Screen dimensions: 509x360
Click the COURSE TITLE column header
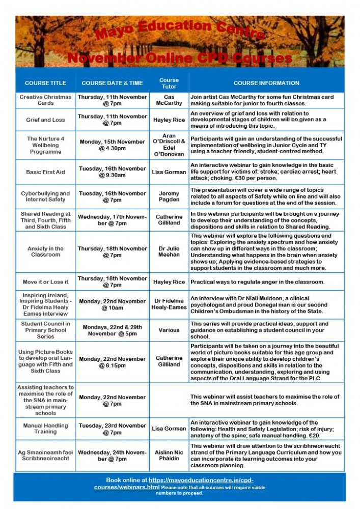pyautogui.click(x=45, y=83)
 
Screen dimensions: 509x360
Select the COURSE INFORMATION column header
pyautogui.click(x=266, y=83)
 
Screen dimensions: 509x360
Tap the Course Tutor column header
pyautogui.click(x=169, y=83)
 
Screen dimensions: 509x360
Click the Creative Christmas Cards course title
pyautogui.click(x=45, y=100)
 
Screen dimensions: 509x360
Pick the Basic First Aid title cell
pyautogui.click(x=45, y=172)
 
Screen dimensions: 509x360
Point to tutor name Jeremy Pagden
pyautogui.click(x=169, y=196)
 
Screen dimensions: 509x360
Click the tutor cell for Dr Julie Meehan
pyautogui.click(x=169, y=251)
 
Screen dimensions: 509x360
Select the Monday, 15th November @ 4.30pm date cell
pyautogui.click(x=112, y=145)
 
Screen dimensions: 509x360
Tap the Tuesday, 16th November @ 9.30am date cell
pyautogui.click(x=112, y=172)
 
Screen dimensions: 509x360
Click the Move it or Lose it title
pyautogui.click(x=45, y=282)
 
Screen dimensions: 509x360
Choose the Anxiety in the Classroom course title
pyautogui.click(x=45, y=251)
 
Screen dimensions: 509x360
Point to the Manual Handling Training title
pyautogui.click(x=45, y=429)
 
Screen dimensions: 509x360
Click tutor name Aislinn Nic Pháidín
pyautogui.click(x=169, y=455)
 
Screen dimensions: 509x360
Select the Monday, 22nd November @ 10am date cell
pyautogui.click(x=112, y=304)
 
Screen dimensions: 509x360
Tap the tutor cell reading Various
pyautogui.click(x=169, y=330)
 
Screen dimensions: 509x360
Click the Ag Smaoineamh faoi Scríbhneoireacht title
pyautogui.click(x=45, y=455)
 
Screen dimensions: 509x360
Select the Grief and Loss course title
pyautogui.click(x=45, y=120)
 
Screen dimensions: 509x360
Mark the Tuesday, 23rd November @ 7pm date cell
pyautogui.click(x=112, y=429)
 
